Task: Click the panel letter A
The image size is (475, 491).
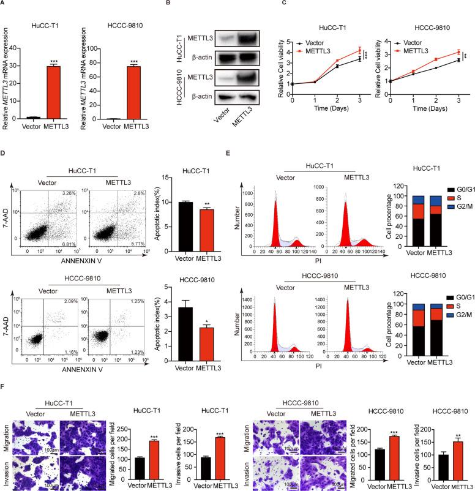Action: coord(4,4)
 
